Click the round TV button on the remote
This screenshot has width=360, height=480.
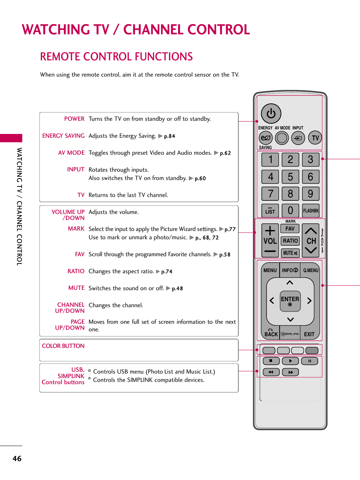pos(315,138)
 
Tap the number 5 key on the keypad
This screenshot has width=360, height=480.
pos(290,177)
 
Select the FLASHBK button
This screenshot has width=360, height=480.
pos(311,211)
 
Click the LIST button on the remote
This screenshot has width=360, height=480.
pos(270,211)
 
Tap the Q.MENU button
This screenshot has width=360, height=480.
pos(311,270)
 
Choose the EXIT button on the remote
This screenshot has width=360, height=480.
pos(309,334)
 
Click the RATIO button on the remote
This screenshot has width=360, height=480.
pos(290,241)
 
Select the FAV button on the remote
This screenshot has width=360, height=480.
pos(290,229)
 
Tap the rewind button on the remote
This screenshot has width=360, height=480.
pos(271,372)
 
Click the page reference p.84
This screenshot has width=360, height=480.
pos(169,136)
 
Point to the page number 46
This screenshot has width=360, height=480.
pos(17,458)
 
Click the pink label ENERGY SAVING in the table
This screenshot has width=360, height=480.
pos(63,136)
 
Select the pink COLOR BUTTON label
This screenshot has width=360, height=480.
pos(63,346)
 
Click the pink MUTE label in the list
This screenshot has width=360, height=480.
pos(76,288)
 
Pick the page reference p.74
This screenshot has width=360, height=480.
pos(166,272)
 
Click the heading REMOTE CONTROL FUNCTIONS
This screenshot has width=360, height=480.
pos(116,57)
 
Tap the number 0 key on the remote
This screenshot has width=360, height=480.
pos(290,211)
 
